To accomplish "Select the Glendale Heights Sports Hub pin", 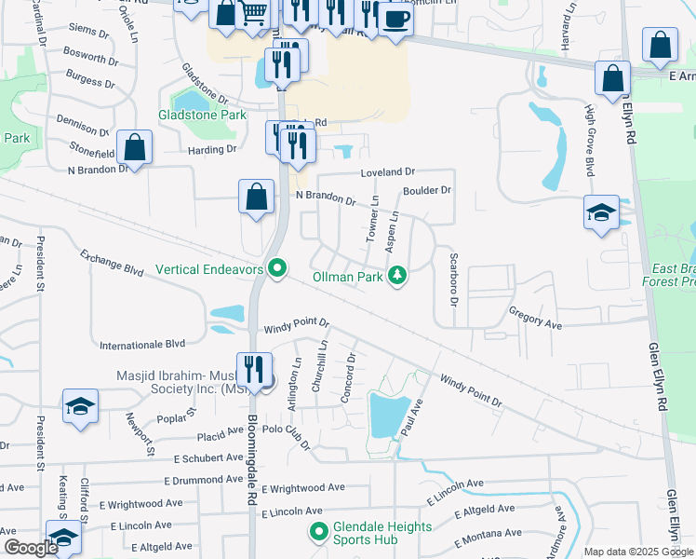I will click(317, 533).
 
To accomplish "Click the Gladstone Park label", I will click(202, 115).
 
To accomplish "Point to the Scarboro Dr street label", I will click(453, 276).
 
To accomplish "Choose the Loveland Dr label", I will click(388, 172).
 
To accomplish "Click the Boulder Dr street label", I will click(426, 191).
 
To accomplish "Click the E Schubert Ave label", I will click(204, 458).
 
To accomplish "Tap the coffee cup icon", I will click(395, 19).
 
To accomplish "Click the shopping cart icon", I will click(253, 12).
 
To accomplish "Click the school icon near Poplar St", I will click(81, 407).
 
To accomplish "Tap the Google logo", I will click(31, 548).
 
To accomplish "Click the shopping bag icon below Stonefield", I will click(135, 148).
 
